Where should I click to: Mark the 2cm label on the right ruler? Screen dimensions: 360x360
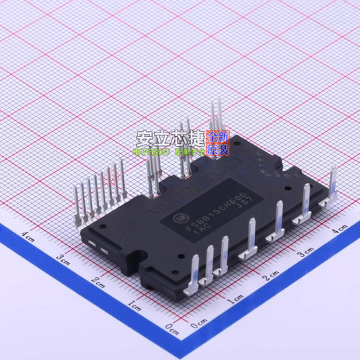[x=271, y=276]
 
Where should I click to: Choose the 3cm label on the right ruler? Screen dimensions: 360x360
[x=305, y=253]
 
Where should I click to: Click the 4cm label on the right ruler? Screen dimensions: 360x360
[x=338, y=230]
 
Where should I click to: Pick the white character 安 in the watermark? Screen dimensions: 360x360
[x=147, y=137]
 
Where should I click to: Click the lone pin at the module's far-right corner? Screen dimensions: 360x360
[x=333, y=186]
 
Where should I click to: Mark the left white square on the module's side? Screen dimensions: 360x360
[x=91, y=246]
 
